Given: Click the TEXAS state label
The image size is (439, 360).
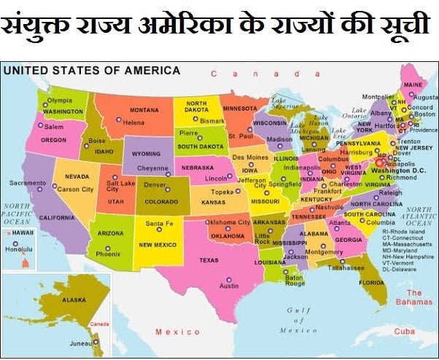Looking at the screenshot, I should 209,260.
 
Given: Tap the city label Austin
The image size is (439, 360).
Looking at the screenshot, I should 229,286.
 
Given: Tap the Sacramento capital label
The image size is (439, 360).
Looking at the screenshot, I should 28,182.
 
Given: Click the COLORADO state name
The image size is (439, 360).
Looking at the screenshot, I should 161,202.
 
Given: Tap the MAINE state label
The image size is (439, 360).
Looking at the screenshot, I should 413,85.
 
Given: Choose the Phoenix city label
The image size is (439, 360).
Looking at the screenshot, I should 108,255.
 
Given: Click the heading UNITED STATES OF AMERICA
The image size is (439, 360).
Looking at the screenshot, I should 92,71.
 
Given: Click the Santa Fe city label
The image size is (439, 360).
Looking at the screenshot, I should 159,223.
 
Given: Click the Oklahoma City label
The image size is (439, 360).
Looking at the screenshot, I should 228,222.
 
